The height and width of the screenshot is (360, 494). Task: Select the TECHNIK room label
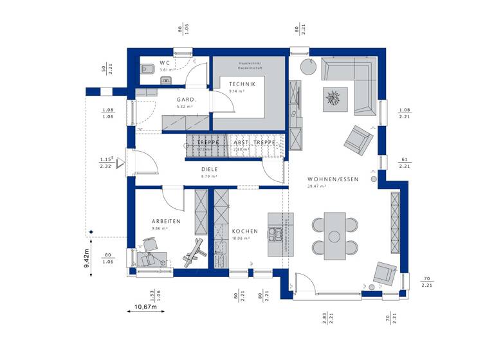click(x=242, y=84)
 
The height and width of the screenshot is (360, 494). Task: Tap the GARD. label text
click(x=186, y=100)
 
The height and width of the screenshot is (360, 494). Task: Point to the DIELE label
click(x=209, y=169)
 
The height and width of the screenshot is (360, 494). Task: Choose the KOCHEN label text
click(x=246, y=231)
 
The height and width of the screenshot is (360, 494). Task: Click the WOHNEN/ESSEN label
click(x=329, y=179)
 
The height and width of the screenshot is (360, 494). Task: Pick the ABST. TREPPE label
click(x=255, y=142)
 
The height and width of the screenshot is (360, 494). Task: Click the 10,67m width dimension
click(x=145, y=307)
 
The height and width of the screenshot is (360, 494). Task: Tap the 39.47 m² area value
click(x=316, y=186)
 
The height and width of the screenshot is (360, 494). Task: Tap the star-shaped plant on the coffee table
click(x=334, y=98)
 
